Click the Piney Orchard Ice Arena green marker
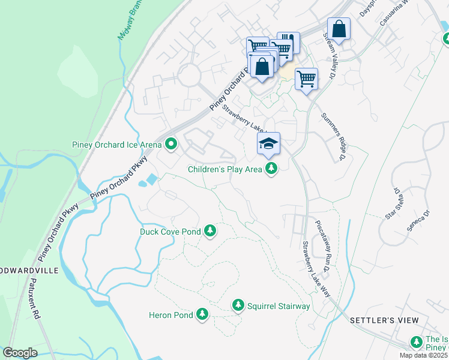(x=171, y=144)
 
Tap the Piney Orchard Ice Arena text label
(x=117, y=145)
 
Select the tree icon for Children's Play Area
(x=272, y=169)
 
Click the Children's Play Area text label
(x=225, y=170)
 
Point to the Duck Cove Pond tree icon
(x=209, y=230)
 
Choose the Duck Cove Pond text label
(x=170, y=231)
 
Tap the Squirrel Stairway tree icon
(x=238, y=306)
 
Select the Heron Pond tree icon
(x=202, y=314)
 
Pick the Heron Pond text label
(x=171, y=315)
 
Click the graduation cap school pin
(x=268, y=144)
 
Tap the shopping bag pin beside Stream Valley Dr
(x=339, y=29)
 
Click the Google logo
(x=20, y=353)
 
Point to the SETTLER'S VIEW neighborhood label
(x=384, y=320)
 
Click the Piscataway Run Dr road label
(x=328, y=246)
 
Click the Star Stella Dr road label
(x=393, y=204)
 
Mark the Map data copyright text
(x=423, y=355)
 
